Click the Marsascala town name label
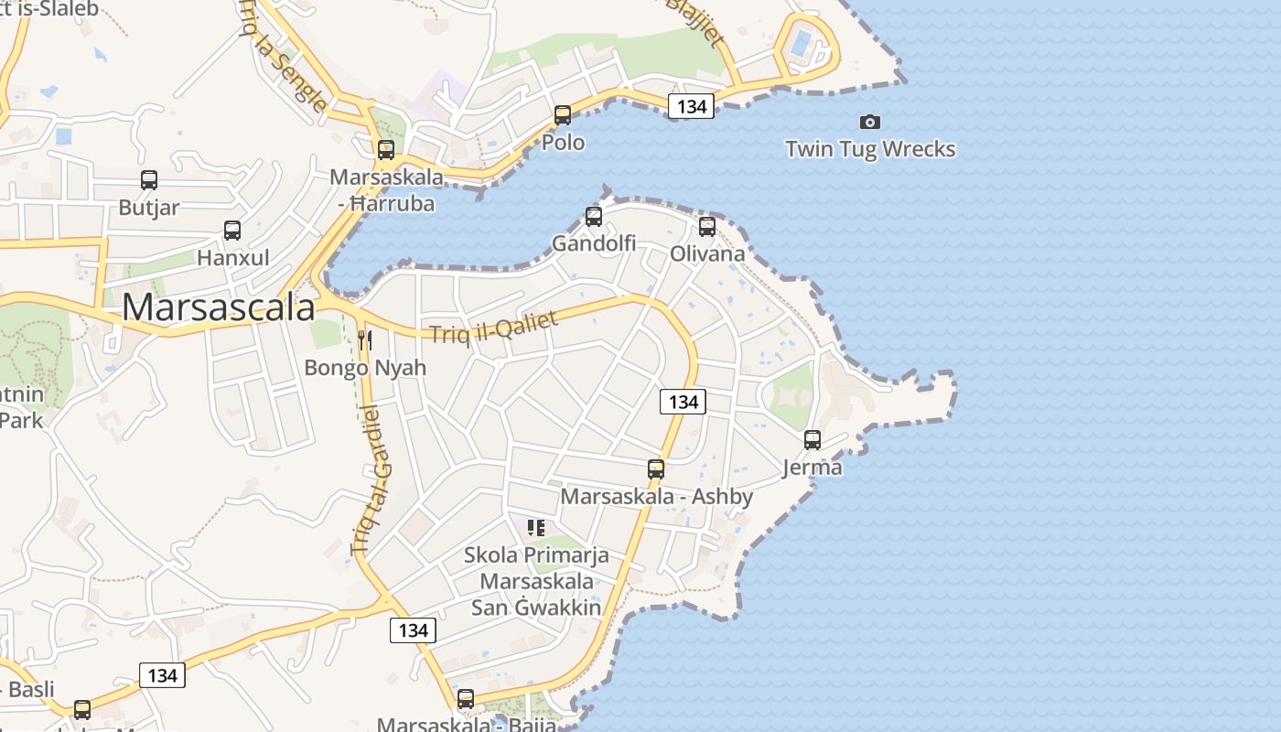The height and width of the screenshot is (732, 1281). coord(219,307)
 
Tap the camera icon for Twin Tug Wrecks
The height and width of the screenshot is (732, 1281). coord(869,122)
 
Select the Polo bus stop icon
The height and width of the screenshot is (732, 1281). coord(563,115)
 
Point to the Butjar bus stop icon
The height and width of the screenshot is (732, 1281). coord(149,180)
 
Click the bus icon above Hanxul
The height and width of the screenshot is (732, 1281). coord(232,231)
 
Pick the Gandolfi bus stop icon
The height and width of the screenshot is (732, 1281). coord(594,217)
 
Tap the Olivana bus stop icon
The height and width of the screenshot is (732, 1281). coord(707,227)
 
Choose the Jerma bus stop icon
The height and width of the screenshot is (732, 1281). coord(813,440)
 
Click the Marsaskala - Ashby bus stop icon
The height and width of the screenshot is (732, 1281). coord(656,469)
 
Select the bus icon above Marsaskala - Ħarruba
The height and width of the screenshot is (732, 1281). coord(386,150)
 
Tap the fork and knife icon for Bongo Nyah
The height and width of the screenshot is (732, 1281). coord(365,340)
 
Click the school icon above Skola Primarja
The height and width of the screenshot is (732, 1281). coord(536,527)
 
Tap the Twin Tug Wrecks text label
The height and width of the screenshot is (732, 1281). coord(870,149)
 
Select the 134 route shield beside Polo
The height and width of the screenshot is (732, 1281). coord(691,106)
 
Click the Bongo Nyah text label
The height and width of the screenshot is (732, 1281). coord(365,368)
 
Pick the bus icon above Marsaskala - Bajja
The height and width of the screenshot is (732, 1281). coord(466,699)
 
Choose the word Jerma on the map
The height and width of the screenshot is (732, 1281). coord(813,468)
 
